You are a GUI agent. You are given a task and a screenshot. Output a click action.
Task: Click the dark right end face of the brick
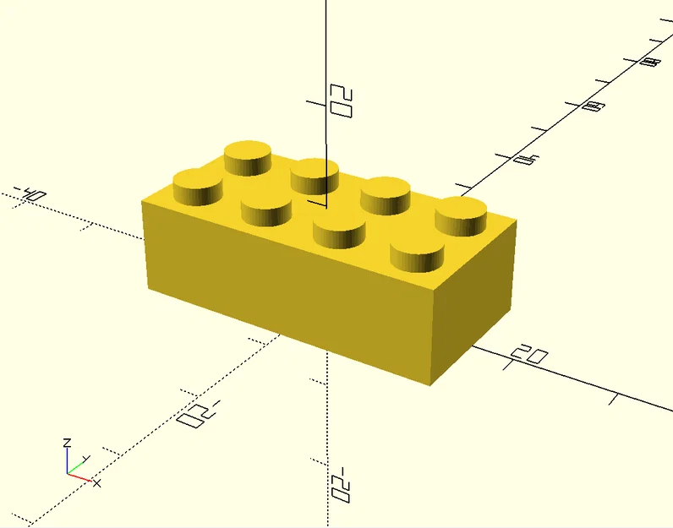tap(473, 300)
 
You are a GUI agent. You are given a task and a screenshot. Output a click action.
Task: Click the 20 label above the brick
tap(341, 100)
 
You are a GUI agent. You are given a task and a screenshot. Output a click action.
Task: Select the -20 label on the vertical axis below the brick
tap(340, 484)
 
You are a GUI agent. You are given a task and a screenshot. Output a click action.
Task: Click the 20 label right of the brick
tap(530, 355)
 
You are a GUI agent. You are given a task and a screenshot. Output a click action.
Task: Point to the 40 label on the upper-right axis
tap(527, 158)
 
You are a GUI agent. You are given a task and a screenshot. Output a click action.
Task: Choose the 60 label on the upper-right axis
tap(594, 106)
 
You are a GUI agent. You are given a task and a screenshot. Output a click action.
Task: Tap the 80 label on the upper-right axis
tap(650, 62)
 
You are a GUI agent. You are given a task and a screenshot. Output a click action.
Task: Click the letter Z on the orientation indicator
tap(66, 443)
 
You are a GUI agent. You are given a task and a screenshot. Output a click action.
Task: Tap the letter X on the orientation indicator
tap(96, 482)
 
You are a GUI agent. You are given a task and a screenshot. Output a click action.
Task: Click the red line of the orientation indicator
tap(79, 476)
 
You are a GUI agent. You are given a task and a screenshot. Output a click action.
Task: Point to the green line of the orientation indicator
tap(75, 467)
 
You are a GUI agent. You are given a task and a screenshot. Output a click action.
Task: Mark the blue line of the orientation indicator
tap(68, 460)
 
